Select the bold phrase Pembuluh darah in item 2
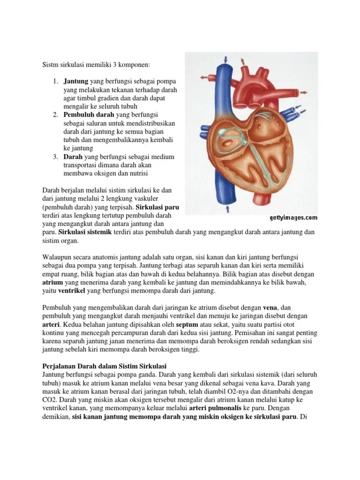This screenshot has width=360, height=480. click(x=85, y=115)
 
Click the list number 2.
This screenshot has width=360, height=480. click(x=55, y=115)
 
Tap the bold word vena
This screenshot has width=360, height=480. click(x=270, y=307)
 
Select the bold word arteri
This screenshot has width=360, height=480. click(x=51, y=324)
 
